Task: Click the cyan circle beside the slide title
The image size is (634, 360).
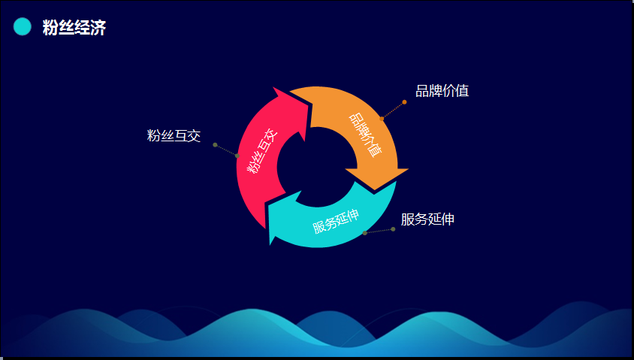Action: coord(23,27)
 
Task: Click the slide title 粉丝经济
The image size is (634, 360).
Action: coord(74,28)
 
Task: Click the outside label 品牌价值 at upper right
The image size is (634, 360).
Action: coord(442,91)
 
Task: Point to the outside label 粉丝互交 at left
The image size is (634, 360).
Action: coord(174,135)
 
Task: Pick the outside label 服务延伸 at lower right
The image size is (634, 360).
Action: coord(427,219)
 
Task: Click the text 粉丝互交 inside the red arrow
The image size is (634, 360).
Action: coord(262,151)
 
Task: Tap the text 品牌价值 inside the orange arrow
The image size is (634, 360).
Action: coord(366,135)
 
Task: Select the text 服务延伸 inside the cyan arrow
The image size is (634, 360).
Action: coord(336,222)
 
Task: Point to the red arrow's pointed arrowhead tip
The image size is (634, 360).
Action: coord(273,87)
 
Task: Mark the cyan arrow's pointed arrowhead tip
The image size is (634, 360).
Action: coord(270,244)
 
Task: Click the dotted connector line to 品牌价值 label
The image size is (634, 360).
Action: coord(393,110)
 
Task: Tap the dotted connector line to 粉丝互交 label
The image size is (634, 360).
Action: coord(226,150)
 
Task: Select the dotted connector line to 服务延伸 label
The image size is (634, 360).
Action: coord(379,231)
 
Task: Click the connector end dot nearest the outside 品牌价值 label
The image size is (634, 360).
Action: coord(404,102)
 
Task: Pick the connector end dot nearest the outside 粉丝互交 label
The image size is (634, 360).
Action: coord(215,145)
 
